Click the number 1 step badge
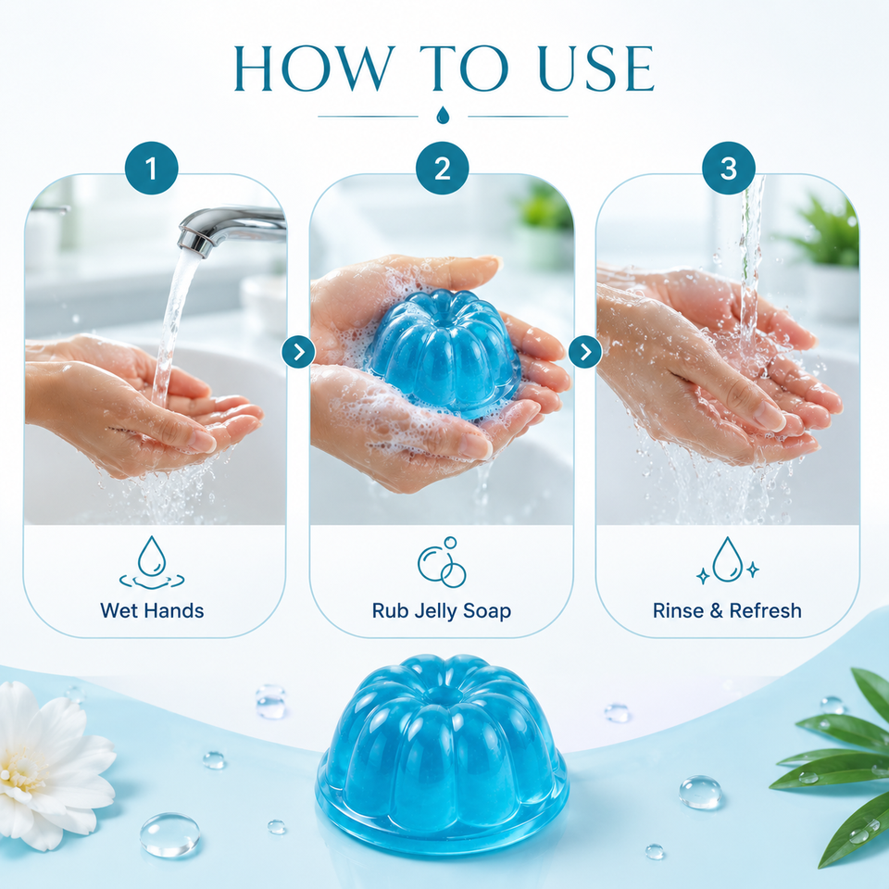(x=151, y=168)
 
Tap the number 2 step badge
(x=443, y=168)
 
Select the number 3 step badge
(x=729, y=168)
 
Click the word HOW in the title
(x=315, y=69)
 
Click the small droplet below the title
(x=443, y=115)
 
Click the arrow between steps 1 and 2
(x=298, y=352)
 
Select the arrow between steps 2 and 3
(x=585, y=352)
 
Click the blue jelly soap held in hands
(x=444, y=353)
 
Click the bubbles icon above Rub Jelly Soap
(x=443, y=562)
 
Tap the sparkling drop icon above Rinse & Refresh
(x=728, y=560)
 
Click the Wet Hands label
(x=152, y=610)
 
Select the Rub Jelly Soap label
(x=442, y=611)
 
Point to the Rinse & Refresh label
(x=728, y=610)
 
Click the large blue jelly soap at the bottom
(x=442, y=753)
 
